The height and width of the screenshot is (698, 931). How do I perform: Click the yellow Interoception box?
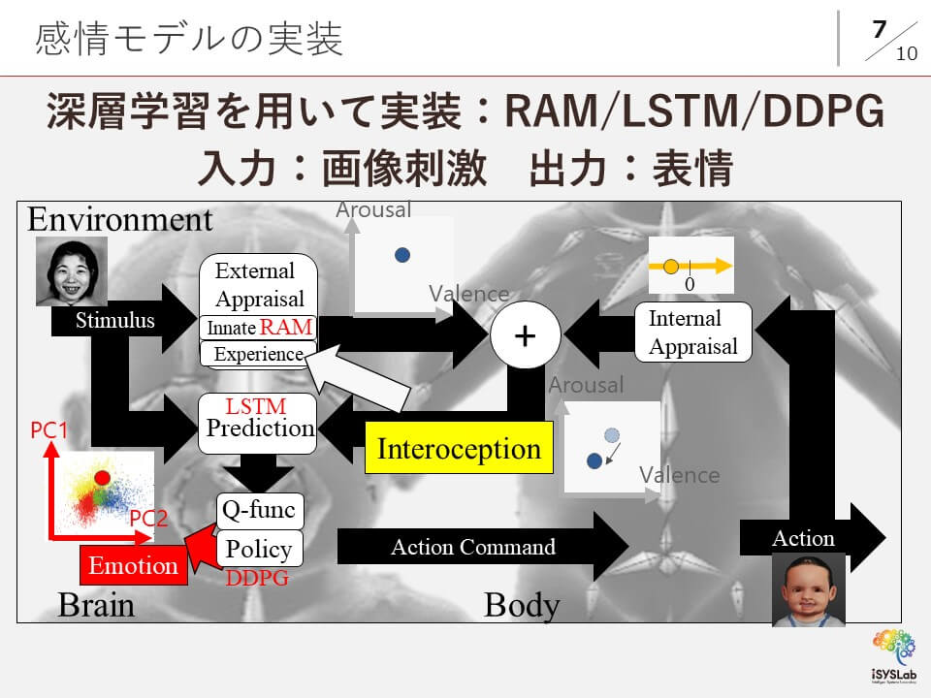459,449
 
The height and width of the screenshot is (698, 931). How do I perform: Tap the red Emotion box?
134,566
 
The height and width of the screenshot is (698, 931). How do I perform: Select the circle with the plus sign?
525,335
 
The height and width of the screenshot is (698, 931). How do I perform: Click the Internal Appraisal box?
692,333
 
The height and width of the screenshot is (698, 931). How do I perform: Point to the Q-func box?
258,509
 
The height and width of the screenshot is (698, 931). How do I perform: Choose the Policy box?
258,549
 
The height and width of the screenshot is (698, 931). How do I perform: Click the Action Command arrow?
473,548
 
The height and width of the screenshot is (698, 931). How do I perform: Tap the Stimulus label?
115,320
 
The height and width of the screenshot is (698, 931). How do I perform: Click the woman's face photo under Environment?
72,272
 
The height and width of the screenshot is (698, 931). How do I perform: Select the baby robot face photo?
808,589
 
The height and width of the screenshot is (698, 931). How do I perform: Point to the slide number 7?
879,29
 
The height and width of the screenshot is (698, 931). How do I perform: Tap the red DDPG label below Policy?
257,579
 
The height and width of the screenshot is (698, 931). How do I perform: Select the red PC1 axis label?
48,428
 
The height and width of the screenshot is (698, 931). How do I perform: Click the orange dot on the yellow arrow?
670,264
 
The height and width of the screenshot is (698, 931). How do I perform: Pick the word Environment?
119,219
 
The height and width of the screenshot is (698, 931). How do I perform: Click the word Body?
522,605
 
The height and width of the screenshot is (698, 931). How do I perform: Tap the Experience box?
258,355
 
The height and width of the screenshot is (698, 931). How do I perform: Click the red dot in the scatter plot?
101,477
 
